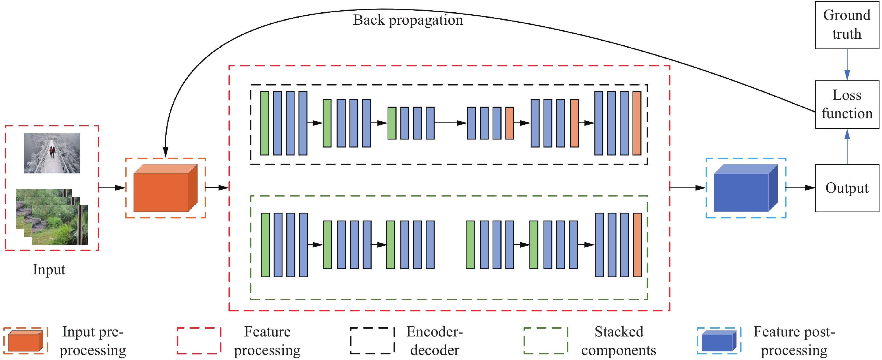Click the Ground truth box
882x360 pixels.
[x=846, y=25]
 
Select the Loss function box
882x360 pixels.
[x=846, y=104]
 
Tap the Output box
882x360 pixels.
[x=846, y=188]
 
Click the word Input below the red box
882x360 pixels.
[x=49, y=270]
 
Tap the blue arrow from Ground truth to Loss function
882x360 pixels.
[x=847, y=65]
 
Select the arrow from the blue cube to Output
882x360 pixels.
[x=800, y=188]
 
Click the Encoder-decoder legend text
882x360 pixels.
[x=434, y=341]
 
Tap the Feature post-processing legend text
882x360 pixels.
[x=794, y=341]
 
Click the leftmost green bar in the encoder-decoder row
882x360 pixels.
[x=264, y=123]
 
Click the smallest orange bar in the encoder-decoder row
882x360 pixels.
[x=510, y=123]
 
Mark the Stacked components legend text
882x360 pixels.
[x=618, y=341]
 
